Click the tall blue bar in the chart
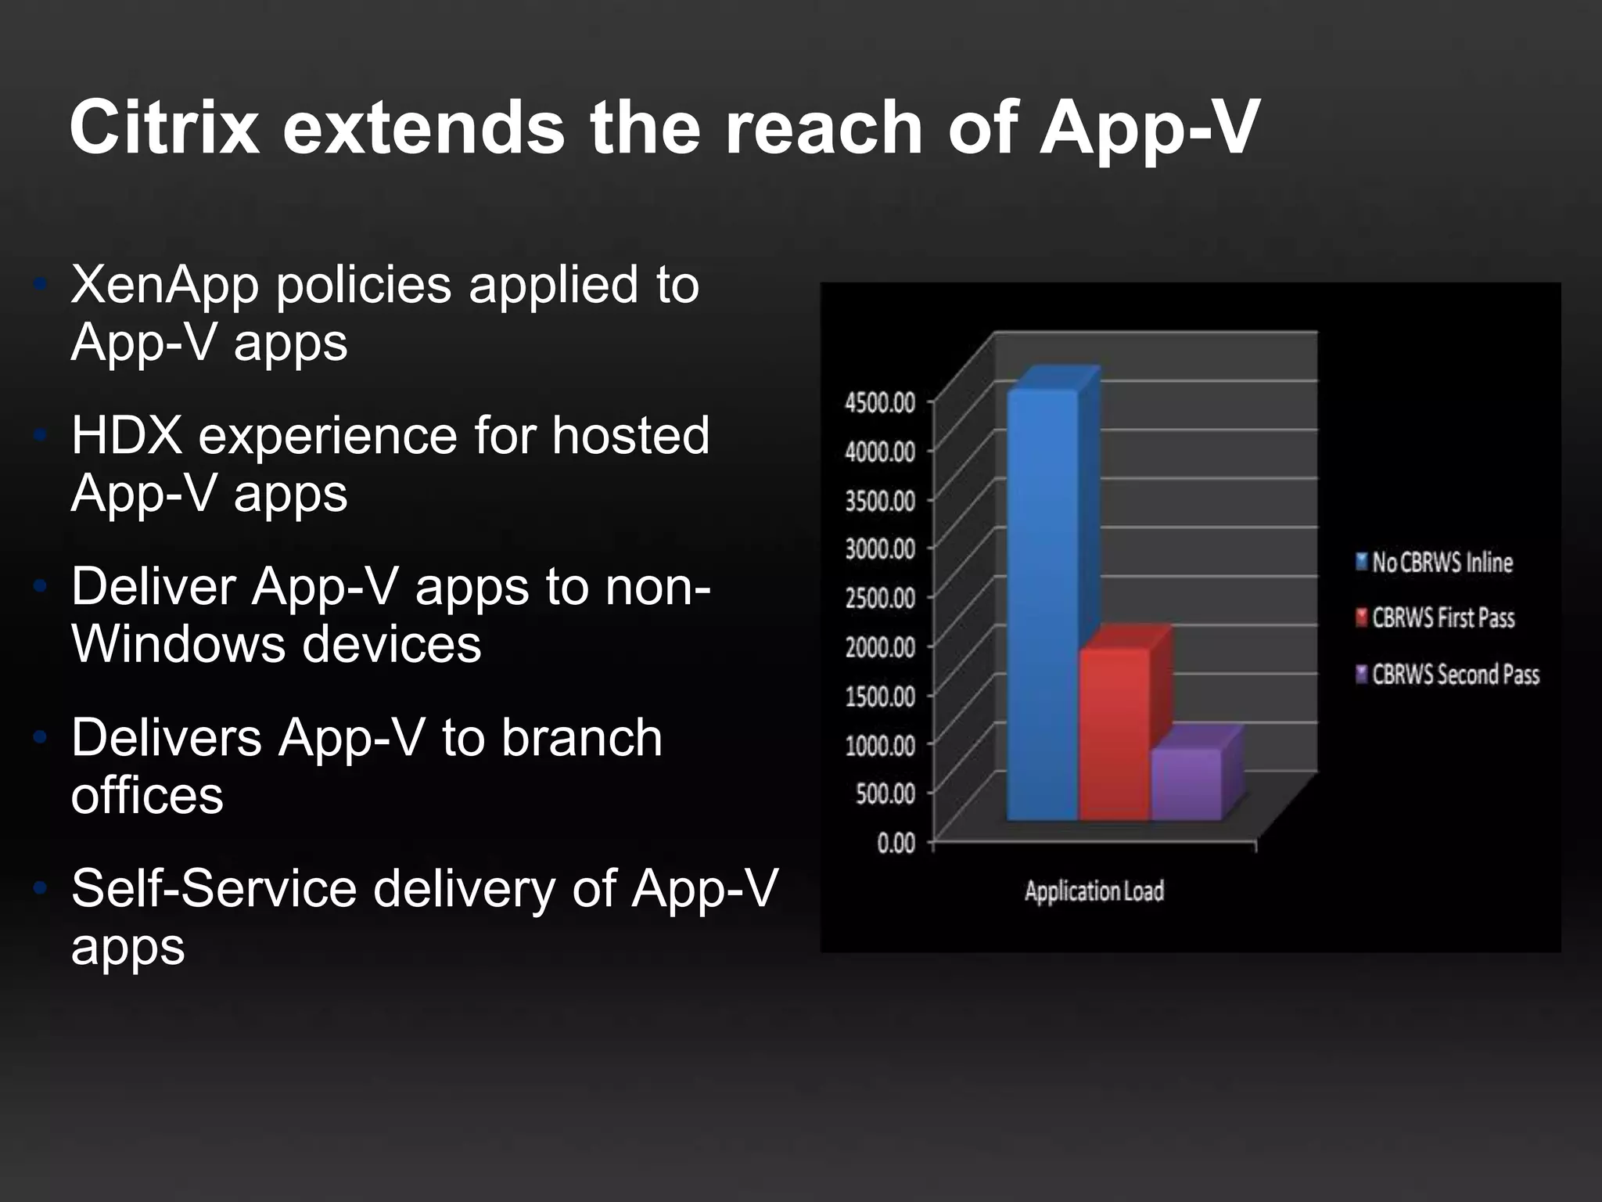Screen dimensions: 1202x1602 [1043, 603]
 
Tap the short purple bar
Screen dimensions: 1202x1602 [1186, 783]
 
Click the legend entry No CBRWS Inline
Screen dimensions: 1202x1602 [1442, 562]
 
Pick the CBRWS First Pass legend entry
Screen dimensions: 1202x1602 [1443, 617]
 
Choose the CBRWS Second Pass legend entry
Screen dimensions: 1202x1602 [1455, 674]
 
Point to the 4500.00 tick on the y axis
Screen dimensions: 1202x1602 [880, 402]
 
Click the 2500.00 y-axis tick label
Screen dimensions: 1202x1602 [880, 598]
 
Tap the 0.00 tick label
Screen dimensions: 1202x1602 [896, 843]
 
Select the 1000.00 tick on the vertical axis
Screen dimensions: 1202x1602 [880, 744]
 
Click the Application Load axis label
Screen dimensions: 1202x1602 [1094, 891]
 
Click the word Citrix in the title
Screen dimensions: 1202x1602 [164, 128]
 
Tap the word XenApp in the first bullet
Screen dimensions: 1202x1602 [165, 286]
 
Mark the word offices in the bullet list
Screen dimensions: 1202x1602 [147, 795]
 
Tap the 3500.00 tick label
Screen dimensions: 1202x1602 [880, 500]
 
